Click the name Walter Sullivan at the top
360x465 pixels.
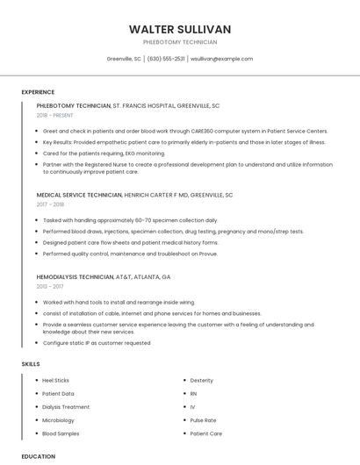pyautogui.click(x=179, y=29)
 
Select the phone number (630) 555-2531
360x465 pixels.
pyautogui.click(x=166, y=59)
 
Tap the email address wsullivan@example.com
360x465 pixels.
pyautogui.click(x=221, y=59)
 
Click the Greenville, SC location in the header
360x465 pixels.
pyautogui.click(x=124, y=59)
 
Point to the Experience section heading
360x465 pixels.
pyautogui.click(x=38, y=91)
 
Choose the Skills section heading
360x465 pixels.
pyautogui.click(x=30, y=363)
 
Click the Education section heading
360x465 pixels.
pyautogui.click(x=38, y=456)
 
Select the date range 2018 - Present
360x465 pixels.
pyautogui.click(x=55, y=115)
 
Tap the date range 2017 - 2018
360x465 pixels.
pyautogui.click(x=51, y=204)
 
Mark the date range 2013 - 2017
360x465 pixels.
pyautogui.click(x=51, y=286)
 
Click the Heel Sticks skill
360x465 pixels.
pyautogui.click(x=55, y=381)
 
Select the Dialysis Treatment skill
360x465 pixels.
pyautogui.click(x=66, y=407)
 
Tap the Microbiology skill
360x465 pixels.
pyautogui.click(x=59, y=420)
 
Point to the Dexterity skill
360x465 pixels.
pyautogui.click(x=202, y=381)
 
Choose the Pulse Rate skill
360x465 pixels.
pyautogui.click(x=203, y=420)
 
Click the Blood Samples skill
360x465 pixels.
pyautogui.click(x=61, y=433)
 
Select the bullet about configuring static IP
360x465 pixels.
pyautogui.click(x=97, y=343)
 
